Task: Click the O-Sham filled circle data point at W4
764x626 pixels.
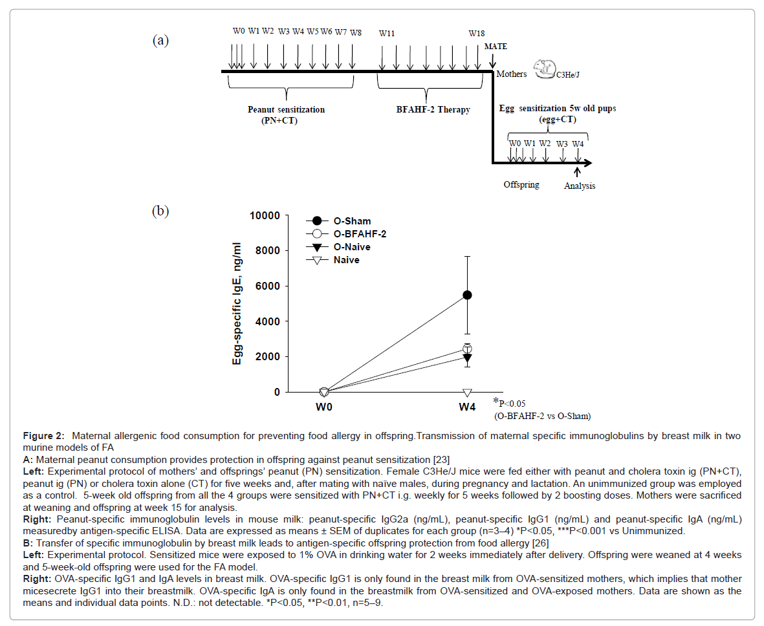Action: (467, 295)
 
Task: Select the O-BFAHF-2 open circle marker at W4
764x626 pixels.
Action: (467, 349)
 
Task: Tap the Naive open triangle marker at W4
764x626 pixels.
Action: (467, 393)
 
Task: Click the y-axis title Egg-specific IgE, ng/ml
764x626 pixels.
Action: (239, 304)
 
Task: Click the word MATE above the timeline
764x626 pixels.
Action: (496, 47)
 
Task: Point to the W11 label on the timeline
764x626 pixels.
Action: (387, 32)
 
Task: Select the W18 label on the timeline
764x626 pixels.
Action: (477, 32)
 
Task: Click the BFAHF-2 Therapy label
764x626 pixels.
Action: (433, 110)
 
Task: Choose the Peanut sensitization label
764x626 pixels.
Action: (286, 109)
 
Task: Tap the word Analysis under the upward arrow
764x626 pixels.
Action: (579, 186)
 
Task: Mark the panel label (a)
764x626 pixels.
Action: (160, 41)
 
